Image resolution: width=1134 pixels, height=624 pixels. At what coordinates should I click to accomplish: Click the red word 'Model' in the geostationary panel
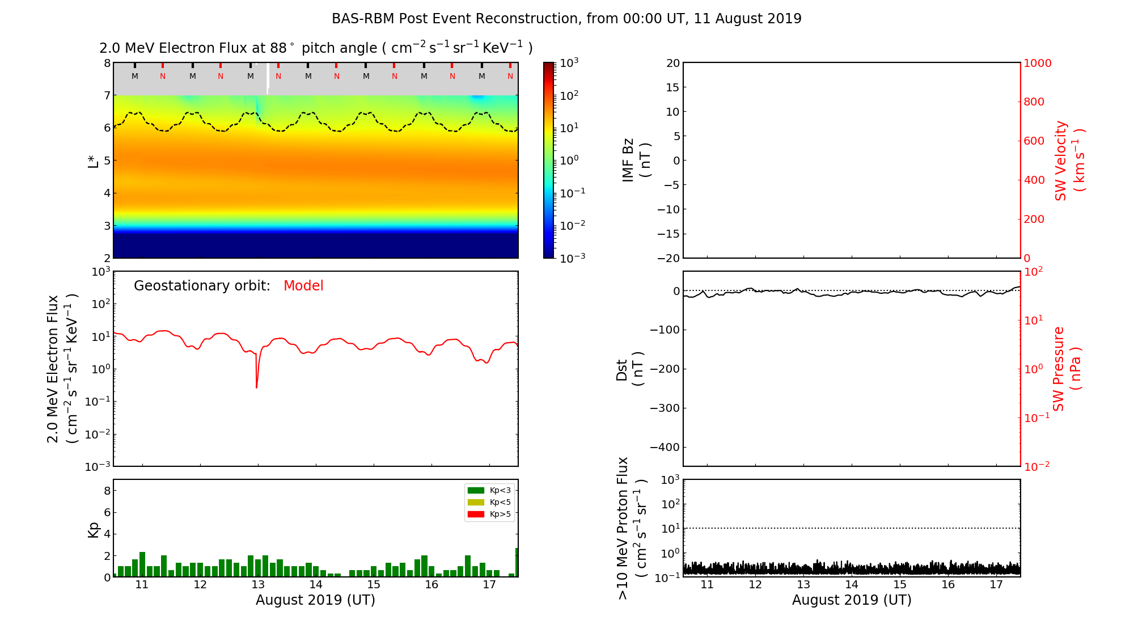303,286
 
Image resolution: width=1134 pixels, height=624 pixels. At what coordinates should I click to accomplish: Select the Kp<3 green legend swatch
476,490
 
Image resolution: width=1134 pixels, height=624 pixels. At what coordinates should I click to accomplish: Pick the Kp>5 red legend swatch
476,515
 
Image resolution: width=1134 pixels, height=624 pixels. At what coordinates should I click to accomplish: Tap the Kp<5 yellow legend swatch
476,502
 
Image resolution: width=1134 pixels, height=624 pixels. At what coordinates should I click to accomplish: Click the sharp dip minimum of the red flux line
257,388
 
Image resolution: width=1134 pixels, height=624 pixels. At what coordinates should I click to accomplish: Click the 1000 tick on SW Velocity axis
1037,64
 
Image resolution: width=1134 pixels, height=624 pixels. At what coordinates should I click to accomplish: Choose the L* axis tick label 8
107,63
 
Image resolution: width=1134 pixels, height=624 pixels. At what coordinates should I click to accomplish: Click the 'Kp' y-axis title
94,529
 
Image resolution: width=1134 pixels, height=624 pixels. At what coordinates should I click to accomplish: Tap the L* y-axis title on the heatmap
94,161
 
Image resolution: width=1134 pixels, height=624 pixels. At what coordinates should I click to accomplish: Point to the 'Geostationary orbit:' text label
202,286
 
